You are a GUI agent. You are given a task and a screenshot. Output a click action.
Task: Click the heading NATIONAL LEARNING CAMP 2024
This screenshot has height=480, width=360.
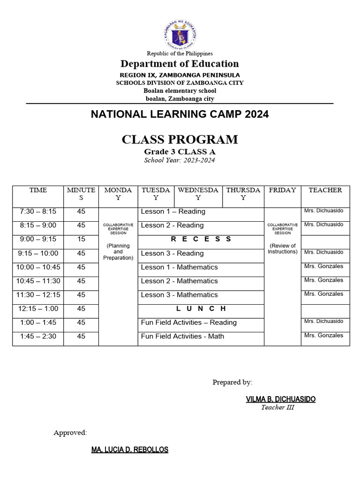(x=180, y=114)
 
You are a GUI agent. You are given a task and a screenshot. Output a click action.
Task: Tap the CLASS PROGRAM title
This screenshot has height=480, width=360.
(x=180, y=139)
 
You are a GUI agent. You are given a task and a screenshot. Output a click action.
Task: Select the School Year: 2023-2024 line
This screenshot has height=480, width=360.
(x=180, y=160)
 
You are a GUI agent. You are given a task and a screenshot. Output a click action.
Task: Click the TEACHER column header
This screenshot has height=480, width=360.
(x=325, y=190)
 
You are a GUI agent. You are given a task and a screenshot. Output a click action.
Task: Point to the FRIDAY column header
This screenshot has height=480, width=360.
(x=282, y=190)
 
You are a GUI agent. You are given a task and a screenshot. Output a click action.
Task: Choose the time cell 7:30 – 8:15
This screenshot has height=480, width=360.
(x=38, y=211)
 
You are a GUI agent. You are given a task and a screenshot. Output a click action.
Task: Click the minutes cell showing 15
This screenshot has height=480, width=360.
(x=81, y=239)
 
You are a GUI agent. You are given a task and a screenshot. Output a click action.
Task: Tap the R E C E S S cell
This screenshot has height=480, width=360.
(x=201, y=239)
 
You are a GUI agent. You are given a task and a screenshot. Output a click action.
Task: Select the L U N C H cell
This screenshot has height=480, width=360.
(x=201, y=308)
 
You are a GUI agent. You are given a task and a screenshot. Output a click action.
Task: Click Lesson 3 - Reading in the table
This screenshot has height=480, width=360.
(x=172, y=253)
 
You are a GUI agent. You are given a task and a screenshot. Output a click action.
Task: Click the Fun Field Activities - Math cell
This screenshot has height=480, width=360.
(x=182, y=336)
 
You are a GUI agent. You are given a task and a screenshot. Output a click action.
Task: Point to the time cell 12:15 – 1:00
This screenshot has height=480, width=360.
(x=38, y=308)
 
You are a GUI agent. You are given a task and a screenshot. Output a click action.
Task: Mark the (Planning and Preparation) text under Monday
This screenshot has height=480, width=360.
(x=118, y=252)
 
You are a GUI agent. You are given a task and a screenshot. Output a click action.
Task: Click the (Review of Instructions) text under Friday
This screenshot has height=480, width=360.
(x=282, y=248)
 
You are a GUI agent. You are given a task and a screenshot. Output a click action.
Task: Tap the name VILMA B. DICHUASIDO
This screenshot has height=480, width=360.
(x=280, y=399)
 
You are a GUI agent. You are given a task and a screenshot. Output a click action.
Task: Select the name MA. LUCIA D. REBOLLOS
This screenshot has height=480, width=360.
(x=129, y=450)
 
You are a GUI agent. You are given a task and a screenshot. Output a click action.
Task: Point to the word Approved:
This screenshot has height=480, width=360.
(x=70, y=433)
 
